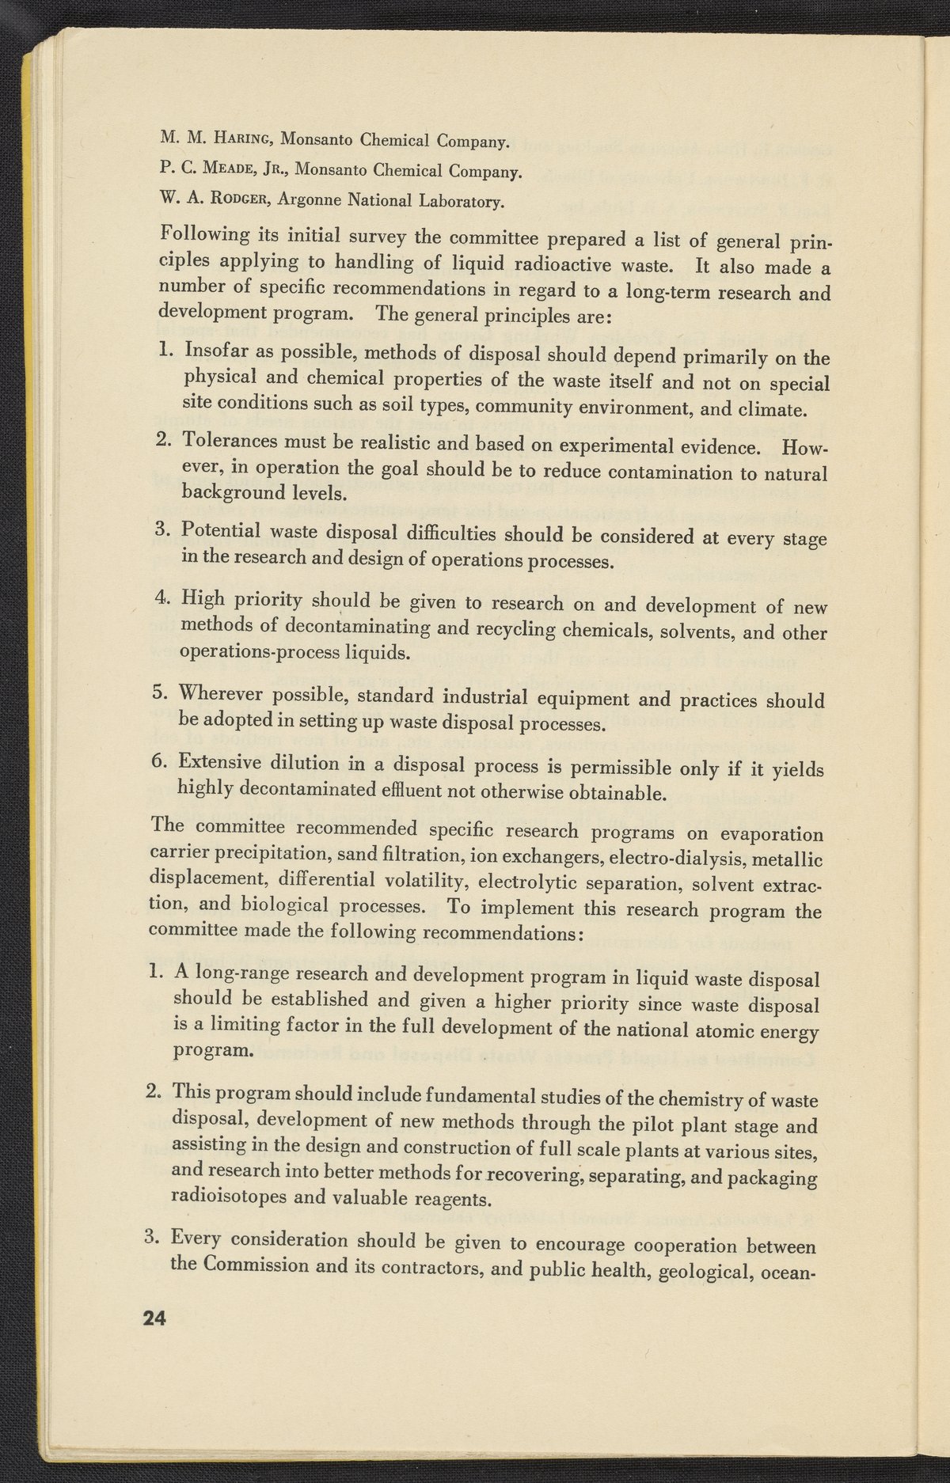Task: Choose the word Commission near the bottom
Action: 259,1265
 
